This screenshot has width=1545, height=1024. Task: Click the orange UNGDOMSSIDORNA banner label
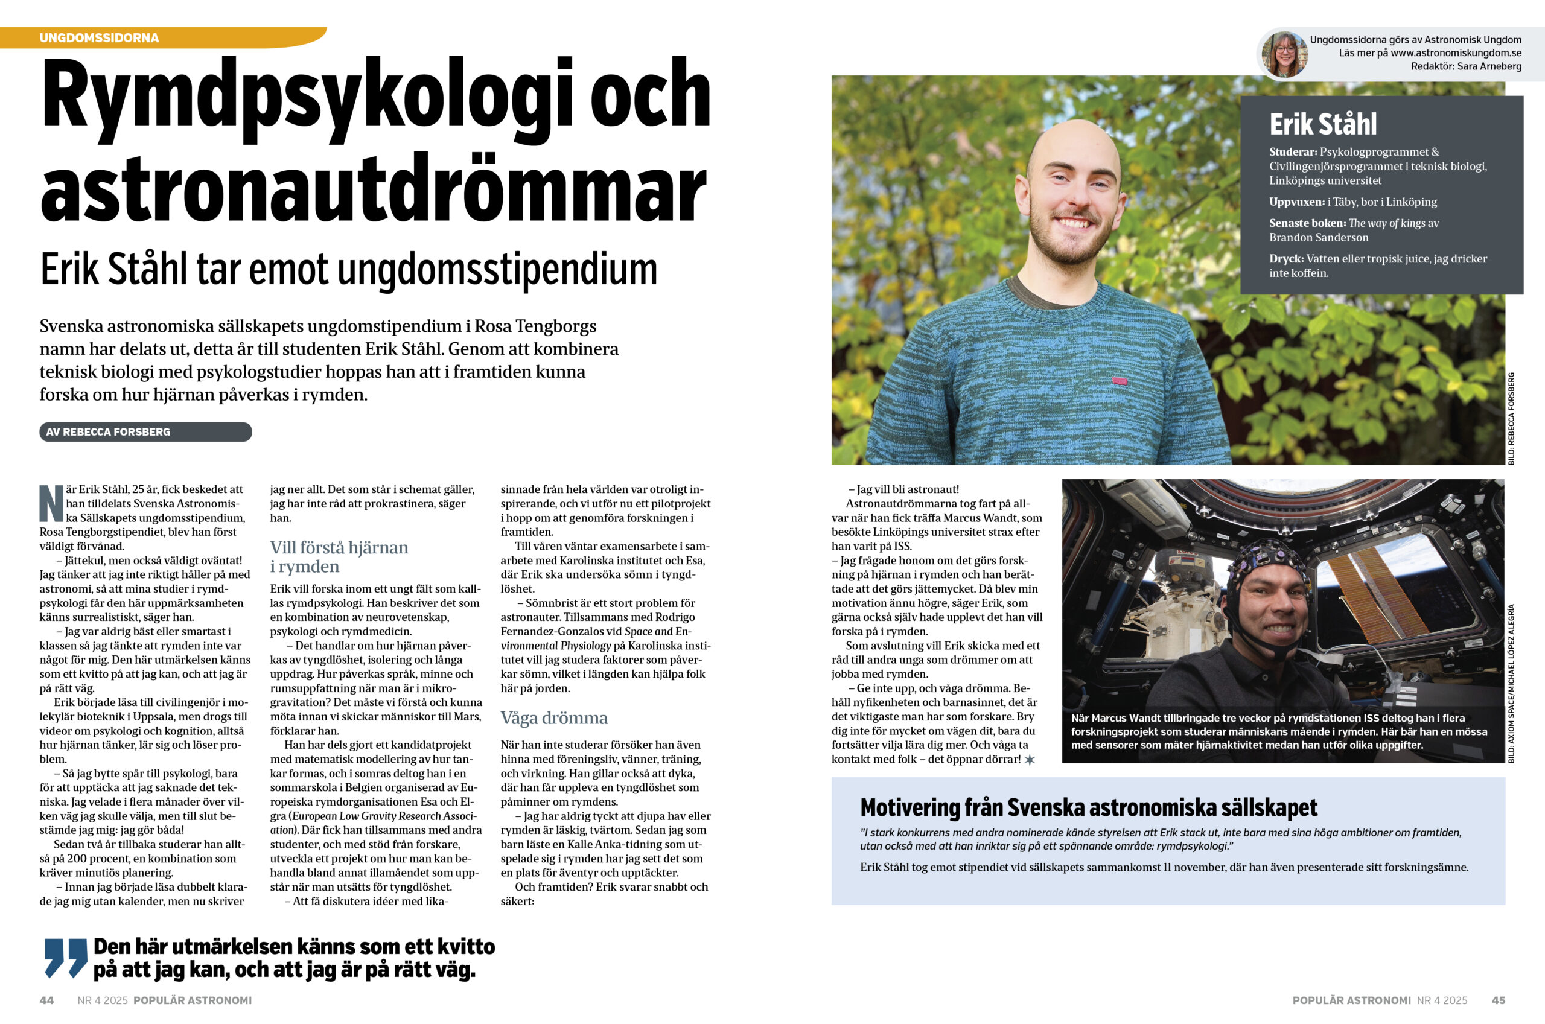point(99,38)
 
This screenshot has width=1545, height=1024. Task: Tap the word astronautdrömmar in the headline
point(372,189)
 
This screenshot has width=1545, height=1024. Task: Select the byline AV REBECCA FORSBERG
point(109,431)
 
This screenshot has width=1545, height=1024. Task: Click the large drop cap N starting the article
point(51,503)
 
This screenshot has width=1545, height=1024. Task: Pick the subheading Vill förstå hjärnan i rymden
point(339,556)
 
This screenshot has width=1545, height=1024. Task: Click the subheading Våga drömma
point(554,717)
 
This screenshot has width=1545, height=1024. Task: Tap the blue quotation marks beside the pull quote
point(65,958)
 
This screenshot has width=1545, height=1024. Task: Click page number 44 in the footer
point(46,1000)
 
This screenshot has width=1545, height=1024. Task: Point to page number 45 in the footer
point(1498,1000)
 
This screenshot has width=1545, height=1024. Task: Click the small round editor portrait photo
point(1284,55)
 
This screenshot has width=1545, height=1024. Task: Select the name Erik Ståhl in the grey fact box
point(1323,124)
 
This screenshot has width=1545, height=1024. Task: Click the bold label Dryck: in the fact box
point(1285,259)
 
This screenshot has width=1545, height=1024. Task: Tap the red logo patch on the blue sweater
point(1120,380)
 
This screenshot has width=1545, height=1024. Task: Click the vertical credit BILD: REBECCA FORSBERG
point(1511,419)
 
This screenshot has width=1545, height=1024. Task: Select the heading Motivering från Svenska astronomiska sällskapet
point(1089,808)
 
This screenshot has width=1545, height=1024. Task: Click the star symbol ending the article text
point(1030,760)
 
